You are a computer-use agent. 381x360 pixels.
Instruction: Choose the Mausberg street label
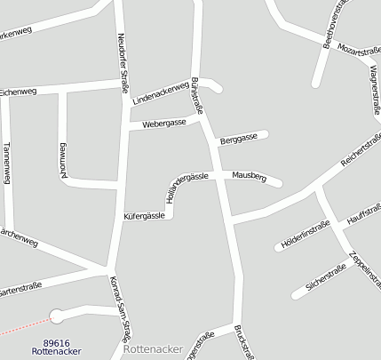click(249, 176)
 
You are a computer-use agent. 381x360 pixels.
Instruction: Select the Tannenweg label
click(7, 162)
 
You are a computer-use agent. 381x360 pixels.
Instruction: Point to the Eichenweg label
click(18, 92)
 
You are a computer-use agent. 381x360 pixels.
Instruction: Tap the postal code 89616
click(56, 342)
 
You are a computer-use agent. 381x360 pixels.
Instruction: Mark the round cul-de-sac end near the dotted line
click(58, 315)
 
